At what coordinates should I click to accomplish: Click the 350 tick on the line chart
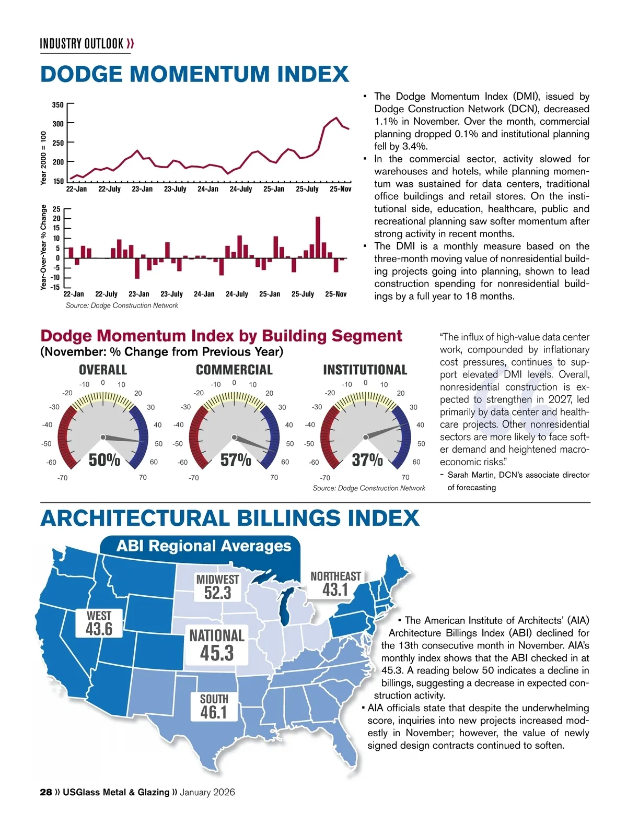point(58,105)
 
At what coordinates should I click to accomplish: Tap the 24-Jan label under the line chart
point(208,189)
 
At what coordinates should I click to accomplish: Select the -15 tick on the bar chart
point(55,287)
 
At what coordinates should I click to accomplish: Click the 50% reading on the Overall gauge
point(104,460)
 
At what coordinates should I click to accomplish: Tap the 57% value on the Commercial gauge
point(236,460)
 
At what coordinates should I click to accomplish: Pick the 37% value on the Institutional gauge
point(367,460)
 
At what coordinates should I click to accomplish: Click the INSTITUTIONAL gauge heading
point(365,370)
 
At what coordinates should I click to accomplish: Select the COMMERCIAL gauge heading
point(234,370)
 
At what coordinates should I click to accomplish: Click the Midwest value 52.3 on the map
point(217,593)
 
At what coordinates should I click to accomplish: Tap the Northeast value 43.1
point(335,590)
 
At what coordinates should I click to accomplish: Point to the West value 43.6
point(99,629)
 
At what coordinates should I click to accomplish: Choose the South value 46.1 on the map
point(214,712)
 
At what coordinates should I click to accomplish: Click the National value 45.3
point(217,653)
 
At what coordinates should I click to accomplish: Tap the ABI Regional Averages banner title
point(204,546)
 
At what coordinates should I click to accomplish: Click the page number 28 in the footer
point(46,792)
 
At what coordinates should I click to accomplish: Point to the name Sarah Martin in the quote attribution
point(470,475)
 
